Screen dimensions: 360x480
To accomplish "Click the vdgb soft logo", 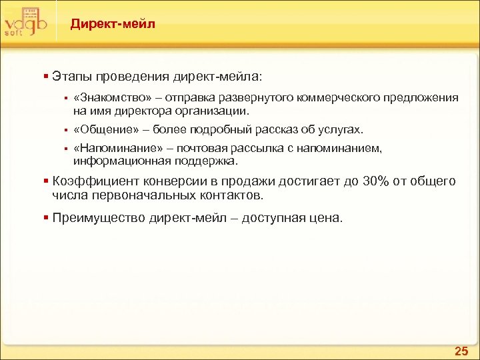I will [25, 22].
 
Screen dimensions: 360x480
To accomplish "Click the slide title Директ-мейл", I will [113, 24].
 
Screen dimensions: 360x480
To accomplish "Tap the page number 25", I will [461, 351].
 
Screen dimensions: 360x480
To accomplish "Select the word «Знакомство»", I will [107, 98].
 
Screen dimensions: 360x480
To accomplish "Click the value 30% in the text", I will [369, 181].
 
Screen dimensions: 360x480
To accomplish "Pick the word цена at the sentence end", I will [327, 217].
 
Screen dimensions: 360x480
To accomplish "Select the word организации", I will [215, 110].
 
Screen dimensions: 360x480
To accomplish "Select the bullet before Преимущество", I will [45, 217].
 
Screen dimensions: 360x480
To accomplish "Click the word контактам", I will [230, 195].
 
